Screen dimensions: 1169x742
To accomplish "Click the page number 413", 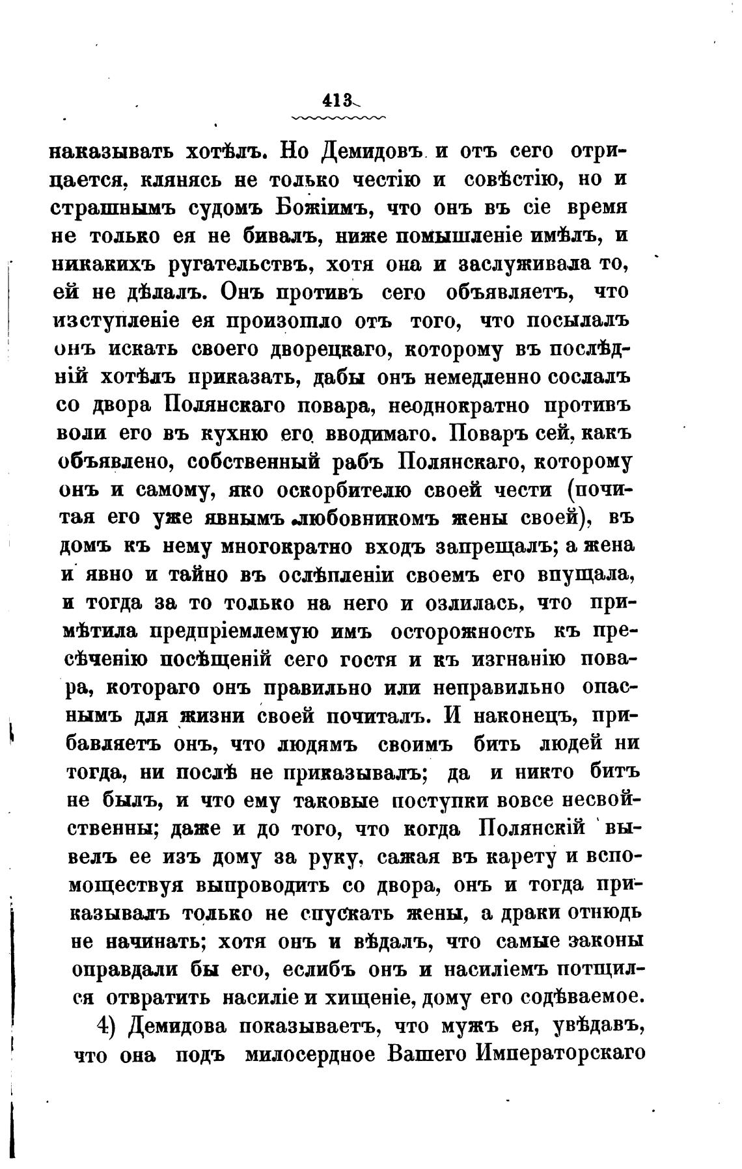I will (x=337, y=101).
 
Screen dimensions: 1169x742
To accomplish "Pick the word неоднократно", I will (x=456, y=406).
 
